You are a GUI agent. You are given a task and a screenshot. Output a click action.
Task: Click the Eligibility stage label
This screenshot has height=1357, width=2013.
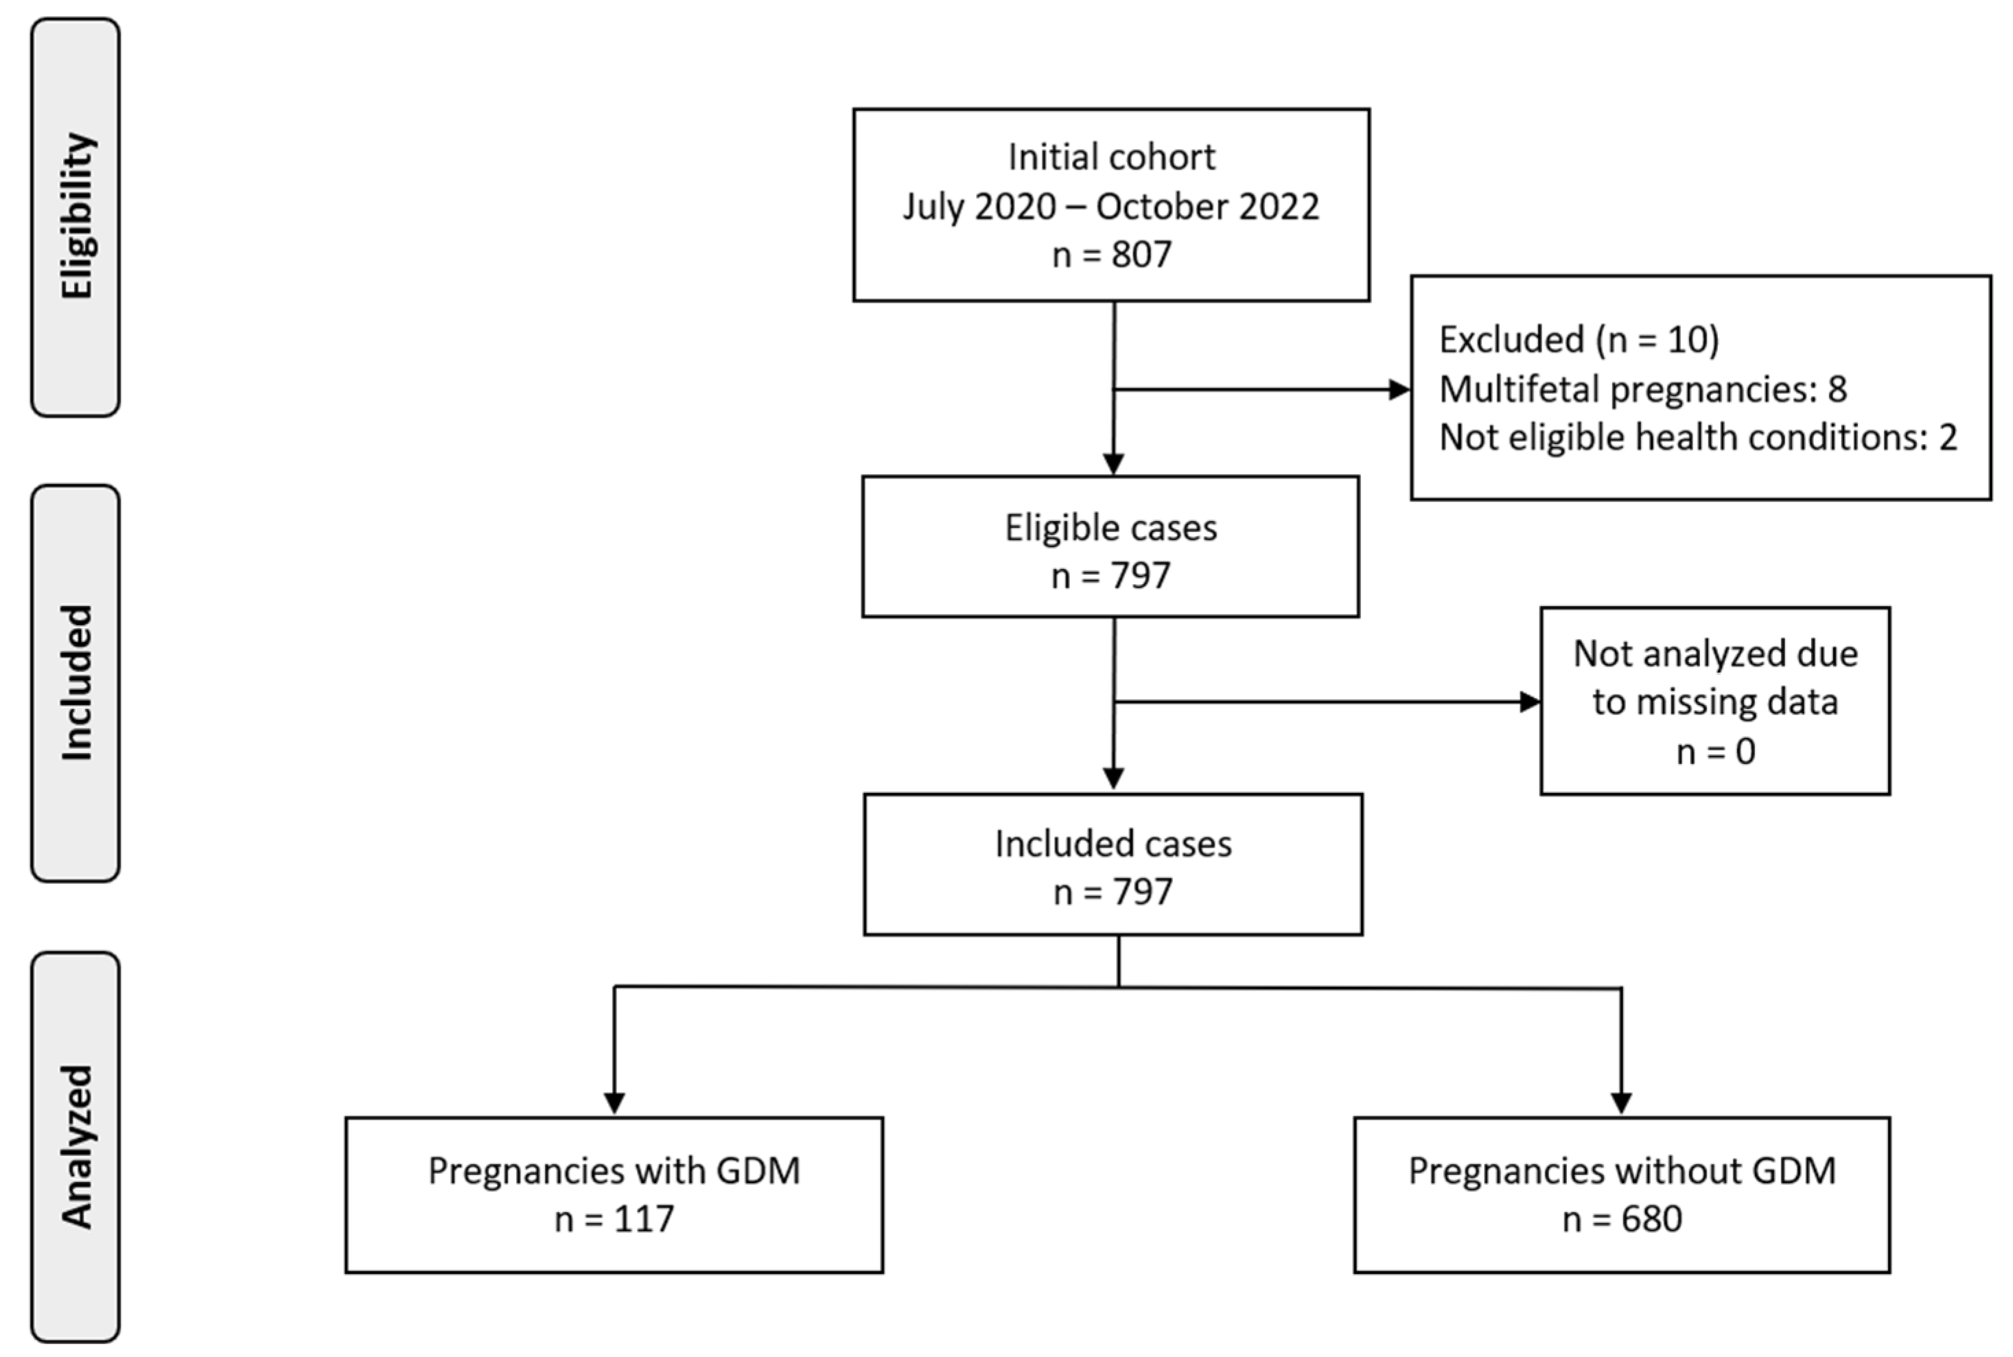tap(76, 216)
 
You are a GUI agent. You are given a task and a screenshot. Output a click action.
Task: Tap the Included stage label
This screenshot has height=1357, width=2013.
tap(76, 683)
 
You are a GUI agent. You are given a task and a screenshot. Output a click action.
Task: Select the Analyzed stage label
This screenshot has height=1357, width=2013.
tap(76, 1147)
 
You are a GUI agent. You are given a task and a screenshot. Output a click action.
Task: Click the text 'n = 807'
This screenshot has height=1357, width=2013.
tap(1111, 255)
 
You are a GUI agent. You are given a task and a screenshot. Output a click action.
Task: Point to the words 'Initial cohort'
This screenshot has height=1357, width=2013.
tap(1111, 157)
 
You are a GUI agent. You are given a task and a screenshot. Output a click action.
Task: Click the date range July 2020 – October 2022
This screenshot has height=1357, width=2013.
tap(1111, 207)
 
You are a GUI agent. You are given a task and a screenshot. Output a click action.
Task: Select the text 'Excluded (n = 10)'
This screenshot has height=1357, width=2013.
tap(1579, 339)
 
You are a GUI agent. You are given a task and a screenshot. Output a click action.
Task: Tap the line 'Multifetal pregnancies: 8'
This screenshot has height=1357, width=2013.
tap(1642, 388)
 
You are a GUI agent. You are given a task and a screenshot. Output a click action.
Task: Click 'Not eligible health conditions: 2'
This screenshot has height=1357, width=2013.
tap(1697, 437)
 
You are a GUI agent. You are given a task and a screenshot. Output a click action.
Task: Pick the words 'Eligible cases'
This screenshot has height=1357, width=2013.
tap(1110, 528)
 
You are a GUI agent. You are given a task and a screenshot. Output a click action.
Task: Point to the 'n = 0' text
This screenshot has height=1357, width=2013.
tap(1715, 751)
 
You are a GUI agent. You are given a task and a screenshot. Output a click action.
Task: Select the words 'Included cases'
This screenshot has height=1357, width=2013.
tap(1113, 844)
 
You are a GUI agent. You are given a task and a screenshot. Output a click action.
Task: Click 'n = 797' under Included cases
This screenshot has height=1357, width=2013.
tap(1113, 892)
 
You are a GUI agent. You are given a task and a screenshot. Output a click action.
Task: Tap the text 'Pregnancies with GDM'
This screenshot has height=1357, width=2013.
tap(614, 1171)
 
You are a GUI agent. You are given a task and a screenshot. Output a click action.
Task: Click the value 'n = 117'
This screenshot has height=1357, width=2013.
tap(614, 1220)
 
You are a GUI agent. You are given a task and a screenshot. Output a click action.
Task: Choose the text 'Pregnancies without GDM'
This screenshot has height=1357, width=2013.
tap(1622, 1171)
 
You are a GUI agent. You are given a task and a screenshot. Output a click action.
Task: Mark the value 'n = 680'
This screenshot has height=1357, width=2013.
tap(1622, 1220)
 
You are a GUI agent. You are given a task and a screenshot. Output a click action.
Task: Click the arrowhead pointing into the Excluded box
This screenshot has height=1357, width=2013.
tap(1399, 389)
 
